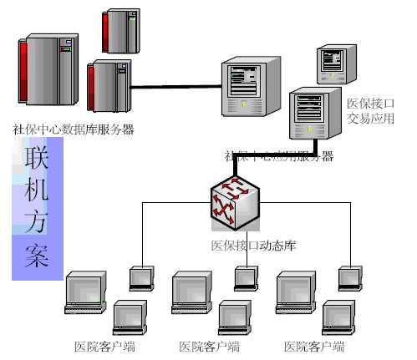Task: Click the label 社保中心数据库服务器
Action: (74, 129)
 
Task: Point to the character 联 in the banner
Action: (36, 157)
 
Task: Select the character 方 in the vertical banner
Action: (36, 222)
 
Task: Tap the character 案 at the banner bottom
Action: (36, 256)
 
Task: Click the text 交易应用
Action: (370, 119)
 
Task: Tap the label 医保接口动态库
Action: (253, 246)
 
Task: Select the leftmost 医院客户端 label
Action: (104, 347)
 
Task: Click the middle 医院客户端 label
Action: (209, 347)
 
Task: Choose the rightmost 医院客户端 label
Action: (314, 347)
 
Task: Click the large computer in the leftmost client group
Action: (86, 292)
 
